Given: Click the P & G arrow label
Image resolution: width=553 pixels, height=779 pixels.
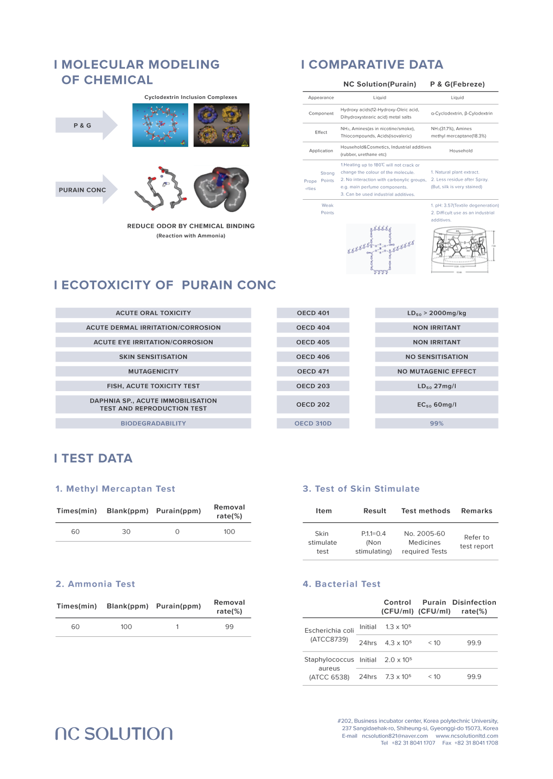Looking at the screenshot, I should (82, 125).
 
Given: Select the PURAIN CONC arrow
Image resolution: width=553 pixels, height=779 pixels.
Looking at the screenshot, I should (83, 190).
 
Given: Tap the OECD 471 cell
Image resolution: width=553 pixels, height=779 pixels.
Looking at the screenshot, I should (313, 371).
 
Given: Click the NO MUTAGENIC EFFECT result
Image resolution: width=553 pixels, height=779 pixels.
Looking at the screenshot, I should (436, 371).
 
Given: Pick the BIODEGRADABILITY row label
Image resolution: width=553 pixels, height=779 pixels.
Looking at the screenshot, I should (153, 423).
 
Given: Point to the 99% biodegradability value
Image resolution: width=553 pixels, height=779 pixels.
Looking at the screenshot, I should (436, 423).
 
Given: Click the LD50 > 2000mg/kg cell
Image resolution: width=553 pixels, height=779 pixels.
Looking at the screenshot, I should (436, 313).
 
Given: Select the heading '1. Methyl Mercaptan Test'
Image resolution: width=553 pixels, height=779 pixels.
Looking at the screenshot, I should (115, 489).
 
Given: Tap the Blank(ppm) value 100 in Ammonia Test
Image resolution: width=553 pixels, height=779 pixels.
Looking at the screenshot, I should (126, 627).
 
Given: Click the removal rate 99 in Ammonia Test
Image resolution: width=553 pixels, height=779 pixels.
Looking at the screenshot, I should (229, 627).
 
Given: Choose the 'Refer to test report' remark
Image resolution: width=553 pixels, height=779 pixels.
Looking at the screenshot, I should (477, 542).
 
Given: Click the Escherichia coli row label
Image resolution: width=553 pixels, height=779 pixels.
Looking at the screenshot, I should (329, 635).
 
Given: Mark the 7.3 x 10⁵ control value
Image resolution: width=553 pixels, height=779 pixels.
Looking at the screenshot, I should (398, 677).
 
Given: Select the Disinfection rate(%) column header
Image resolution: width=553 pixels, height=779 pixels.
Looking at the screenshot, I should (474, 607).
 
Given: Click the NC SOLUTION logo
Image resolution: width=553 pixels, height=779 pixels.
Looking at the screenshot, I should (114, 733).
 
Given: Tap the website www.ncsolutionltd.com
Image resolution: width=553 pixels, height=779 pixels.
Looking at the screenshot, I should (467, 736).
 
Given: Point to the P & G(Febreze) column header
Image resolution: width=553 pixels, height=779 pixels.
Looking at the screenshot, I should (457, 84).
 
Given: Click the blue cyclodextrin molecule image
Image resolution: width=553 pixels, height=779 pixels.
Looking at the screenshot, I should (160, 125).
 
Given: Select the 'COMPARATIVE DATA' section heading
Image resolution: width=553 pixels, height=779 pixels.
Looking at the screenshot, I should (372, 64).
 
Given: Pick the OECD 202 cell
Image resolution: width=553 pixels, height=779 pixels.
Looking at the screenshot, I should (313, 404).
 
